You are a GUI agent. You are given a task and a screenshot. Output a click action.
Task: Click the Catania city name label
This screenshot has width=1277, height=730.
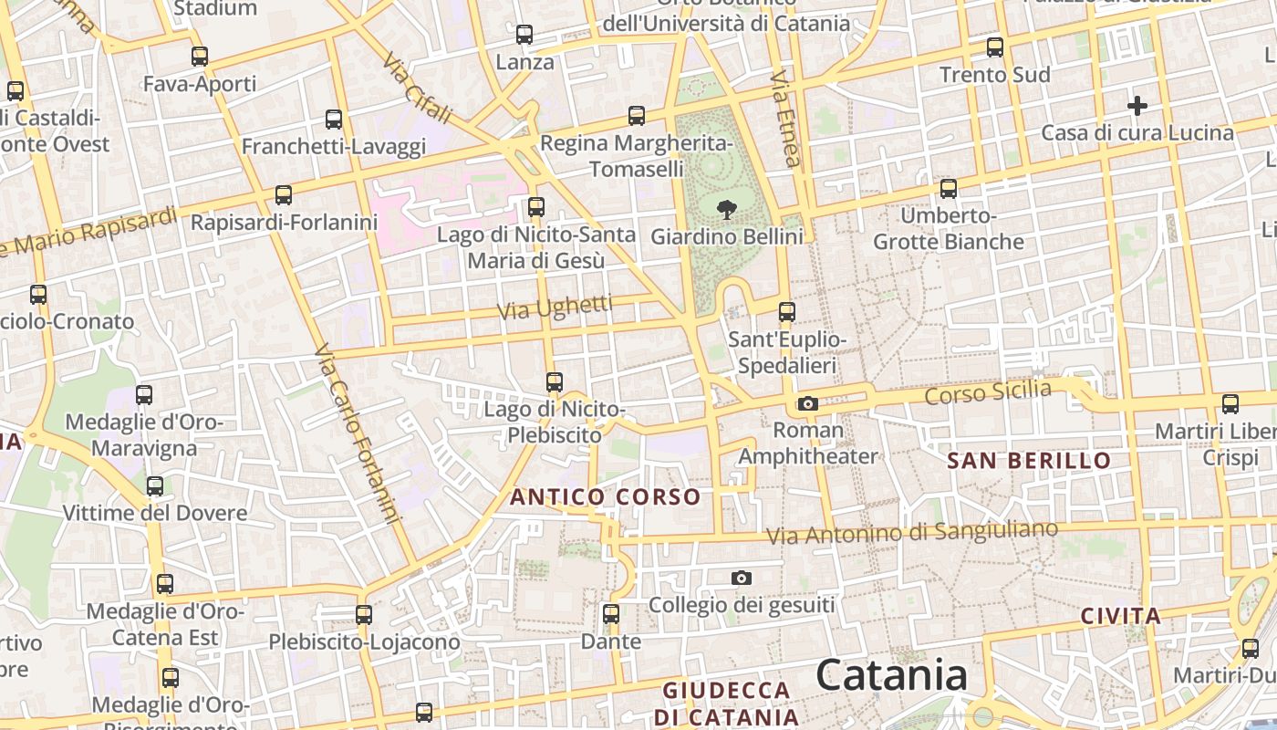click(891, 675)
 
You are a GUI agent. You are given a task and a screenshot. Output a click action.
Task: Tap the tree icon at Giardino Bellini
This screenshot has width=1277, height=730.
click(727, 211)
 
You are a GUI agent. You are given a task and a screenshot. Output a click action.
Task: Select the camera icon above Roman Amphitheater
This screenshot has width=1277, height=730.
click(807, 403)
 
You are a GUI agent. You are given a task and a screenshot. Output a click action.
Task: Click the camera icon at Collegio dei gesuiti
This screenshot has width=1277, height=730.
click(742, 578)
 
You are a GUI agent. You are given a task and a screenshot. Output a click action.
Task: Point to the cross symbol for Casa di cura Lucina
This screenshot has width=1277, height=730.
click(1137, 106)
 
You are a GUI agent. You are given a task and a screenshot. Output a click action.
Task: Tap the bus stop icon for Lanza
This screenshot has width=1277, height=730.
click(524, 36)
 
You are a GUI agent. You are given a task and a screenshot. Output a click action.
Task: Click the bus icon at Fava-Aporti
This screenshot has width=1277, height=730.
click(200, 57)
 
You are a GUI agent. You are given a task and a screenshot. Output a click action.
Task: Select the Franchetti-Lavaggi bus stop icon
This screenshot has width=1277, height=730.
click(334, 120)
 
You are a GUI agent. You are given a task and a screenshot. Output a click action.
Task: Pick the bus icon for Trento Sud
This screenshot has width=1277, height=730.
click(995, 47)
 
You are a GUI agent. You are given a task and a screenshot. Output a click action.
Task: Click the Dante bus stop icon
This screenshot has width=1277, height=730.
click(611, 614)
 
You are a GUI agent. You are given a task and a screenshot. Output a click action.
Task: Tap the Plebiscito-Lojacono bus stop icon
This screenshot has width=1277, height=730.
click(364, 615)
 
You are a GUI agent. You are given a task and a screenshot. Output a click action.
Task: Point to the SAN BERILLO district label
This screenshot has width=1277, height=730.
click(1029, 461)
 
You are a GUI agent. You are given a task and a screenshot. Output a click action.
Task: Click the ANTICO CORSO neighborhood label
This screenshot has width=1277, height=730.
click(605, 497)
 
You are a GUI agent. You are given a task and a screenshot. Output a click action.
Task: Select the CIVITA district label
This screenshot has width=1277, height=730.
click(1121, 616)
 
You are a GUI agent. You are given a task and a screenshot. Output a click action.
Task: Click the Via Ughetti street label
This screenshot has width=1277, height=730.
click(555, 308)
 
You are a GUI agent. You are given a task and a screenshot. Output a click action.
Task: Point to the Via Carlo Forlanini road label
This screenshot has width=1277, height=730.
click(358, 434)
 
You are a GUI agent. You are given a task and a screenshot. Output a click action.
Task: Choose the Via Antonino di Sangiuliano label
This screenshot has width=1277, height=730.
click(912, 532)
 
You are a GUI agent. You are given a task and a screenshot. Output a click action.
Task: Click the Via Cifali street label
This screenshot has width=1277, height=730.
click(417, 88)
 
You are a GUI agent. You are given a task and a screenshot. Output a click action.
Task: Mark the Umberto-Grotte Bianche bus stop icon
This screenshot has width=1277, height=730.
click(949, 189)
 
